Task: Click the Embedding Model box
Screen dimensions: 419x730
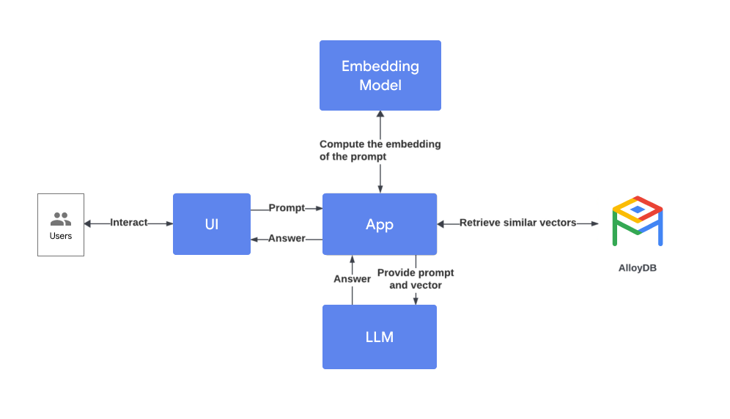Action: coord(380,75)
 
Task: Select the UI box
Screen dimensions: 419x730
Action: coord(211,224)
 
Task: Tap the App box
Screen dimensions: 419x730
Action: coord(380,224)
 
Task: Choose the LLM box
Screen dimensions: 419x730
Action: coord(380,337)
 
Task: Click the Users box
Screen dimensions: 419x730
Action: coord(61,225)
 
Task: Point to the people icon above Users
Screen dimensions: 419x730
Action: coord(61,219)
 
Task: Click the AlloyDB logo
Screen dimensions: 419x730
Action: coord(637,220)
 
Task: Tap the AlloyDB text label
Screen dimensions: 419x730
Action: coord(637,268)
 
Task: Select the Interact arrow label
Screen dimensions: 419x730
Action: coord(129,223)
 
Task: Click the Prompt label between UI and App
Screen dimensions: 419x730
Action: coord(287,208)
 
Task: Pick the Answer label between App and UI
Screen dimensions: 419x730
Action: coord(287,239)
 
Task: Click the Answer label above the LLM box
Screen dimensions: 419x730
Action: coord(352,279)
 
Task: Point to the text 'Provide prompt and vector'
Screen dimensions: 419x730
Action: coord(416,279)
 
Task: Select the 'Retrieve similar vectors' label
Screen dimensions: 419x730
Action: coord(517,223)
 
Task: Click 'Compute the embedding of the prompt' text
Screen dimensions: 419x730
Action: coord(380,150)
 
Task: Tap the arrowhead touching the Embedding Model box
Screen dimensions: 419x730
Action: coord(380,115)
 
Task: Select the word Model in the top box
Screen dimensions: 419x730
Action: coord(380,85)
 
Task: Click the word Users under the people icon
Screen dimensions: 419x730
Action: coord(61,236)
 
